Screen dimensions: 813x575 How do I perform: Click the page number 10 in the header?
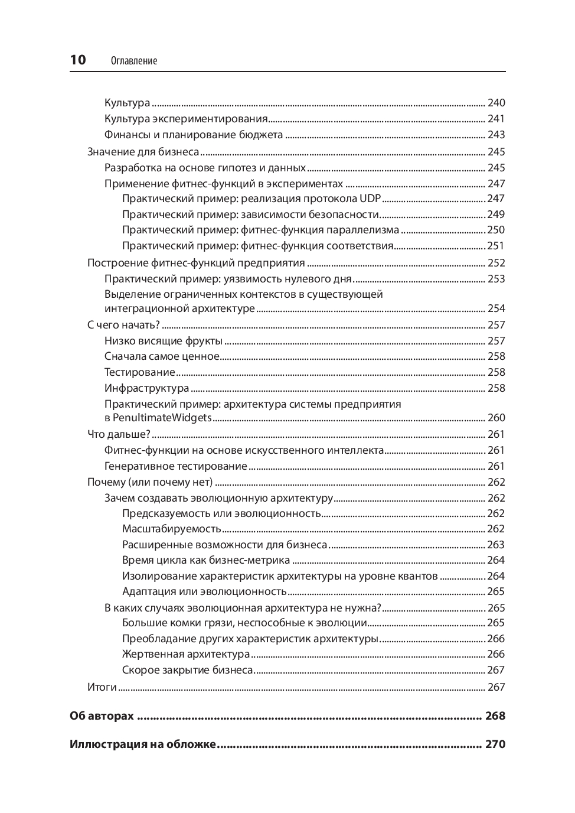pos(78,60)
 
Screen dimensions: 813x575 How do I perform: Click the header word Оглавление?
pos(134,61)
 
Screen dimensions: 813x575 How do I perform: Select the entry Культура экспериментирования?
pos(186,119)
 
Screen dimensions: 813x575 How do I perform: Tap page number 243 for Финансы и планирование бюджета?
pos(496,135)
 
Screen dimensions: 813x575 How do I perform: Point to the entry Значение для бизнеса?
pos(143,152)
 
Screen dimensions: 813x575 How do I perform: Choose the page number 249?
pos(496,214)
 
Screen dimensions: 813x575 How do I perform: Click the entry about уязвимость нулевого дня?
pos(228,279)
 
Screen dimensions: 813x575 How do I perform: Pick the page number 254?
pos(496,308)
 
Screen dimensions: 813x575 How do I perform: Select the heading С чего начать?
pos(123,325)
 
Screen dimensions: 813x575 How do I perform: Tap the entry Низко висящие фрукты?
pos(163,341)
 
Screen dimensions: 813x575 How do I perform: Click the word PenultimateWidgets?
pos(162,418)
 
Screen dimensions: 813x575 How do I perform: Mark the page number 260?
pos(496,418)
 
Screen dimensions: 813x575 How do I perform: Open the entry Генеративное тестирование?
pos(175,466)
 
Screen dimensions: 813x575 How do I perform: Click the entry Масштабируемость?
pos(171,529)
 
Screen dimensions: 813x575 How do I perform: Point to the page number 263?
pos(496,545)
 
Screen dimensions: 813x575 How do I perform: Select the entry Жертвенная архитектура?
pos(185,654)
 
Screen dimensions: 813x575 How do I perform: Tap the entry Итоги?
pos(102,687)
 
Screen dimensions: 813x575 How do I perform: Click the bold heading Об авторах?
pos(102,716)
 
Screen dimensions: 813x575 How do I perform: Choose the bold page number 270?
pos(495,744)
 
